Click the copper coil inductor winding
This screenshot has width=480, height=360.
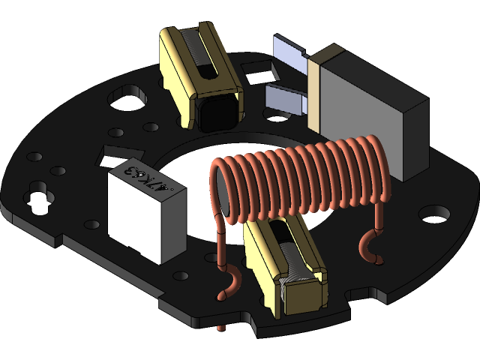click(300, 180)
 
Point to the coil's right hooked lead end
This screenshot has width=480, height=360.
click(370, 247)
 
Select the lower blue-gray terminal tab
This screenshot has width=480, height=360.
click(285, 97)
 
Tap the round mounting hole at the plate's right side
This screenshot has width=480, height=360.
click(431, 214)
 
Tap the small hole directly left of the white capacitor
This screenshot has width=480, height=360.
click(93, 223)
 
